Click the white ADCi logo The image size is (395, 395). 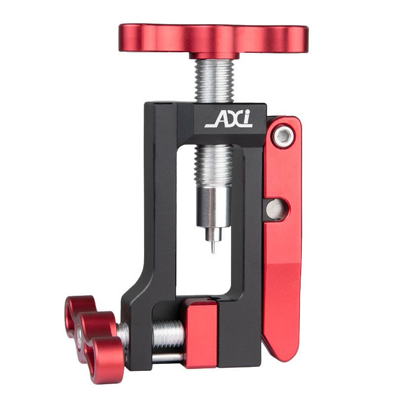click(229, 118)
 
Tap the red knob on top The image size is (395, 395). click(214, 39)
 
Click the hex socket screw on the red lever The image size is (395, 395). click(284, 136)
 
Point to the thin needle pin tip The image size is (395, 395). click(213, 252)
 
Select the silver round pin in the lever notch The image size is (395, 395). click(276, 209)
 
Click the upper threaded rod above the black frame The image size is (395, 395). click(214, 80)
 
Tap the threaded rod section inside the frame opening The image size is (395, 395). click(214, 166)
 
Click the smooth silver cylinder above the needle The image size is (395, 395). click(214, 207)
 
